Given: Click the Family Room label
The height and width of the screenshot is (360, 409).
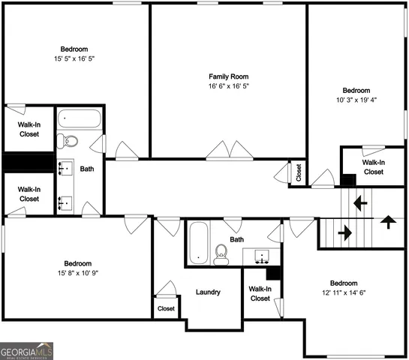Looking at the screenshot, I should click(228, 76).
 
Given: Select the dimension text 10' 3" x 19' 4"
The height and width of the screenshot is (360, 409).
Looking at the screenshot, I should click(356, 100).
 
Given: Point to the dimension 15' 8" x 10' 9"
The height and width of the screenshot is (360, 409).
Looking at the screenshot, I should click(77, 273).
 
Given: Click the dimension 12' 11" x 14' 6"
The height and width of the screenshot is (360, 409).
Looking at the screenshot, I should click(344, 292).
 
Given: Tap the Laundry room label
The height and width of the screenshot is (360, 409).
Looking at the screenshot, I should click(207, 292).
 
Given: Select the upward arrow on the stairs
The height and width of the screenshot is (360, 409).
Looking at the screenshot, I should click(387, 221).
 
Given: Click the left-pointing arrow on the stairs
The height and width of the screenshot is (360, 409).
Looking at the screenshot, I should click(361, 202).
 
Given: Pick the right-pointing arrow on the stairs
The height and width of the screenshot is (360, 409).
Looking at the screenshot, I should click(345, 233).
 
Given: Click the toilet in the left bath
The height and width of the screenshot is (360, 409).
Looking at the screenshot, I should click(68, 140).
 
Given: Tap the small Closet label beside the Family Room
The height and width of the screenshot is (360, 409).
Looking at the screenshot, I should click(298, 172).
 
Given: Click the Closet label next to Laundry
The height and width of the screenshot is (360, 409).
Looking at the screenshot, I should click(166, 308).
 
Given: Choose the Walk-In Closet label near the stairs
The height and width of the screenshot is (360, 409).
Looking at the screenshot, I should click(373, 166).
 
